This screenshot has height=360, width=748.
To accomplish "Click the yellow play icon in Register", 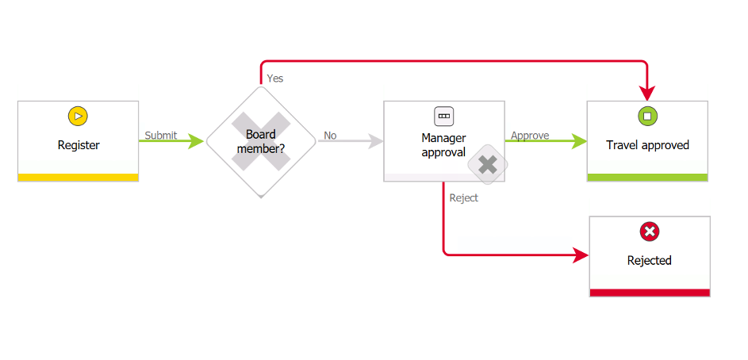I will (x=78, y=116).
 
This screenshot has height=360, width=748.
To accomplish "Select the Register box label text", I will (x=79, y=145).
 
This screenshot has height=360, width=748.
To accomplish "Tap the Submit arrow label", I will (x=161, y=136).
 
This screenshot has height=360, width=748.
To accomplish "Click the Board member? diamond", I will (x=260, y=141).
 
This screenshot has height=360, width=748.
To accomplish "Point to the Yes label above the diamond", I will (x=275, y=79).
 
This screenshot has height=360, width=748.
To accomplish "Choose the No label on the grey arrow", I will (x=330, y=136).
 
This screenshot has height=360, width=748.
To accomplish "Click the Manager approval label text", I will (x=443, y=145).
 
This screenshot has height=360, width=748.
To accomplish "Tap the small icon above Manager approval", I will (x=443, y=116).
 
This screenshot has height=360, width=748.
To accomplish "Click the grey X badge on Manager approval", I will (x=488, y=165).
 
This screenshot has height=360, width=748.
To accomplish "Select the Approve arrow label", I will (x=530, y=136).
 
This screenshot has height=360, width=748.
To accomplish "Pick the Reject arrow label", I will (x=464, y=198).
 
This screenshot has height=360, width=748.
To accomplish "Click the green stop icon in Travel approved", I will (x=647, y=116).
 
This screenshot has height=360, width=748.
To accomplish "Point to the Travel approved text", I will (x=647, y=145).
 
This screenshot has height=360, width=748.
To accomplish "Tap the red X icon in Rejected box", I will (x=649, y=232).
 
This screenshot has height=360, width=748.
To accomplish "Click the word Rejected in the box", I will (x=649, y=260).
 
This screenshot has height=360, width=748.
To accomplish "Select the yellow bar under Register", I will (x=78, y=178).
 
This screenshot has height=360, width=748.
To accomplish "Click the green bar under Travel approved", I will (x=647, y=178).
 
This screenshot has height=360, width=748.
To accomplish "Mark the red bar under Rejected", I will (x=649, y=293).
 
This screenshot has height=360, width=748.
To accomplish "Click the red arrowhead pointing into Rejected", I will (x=582, y=255).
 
